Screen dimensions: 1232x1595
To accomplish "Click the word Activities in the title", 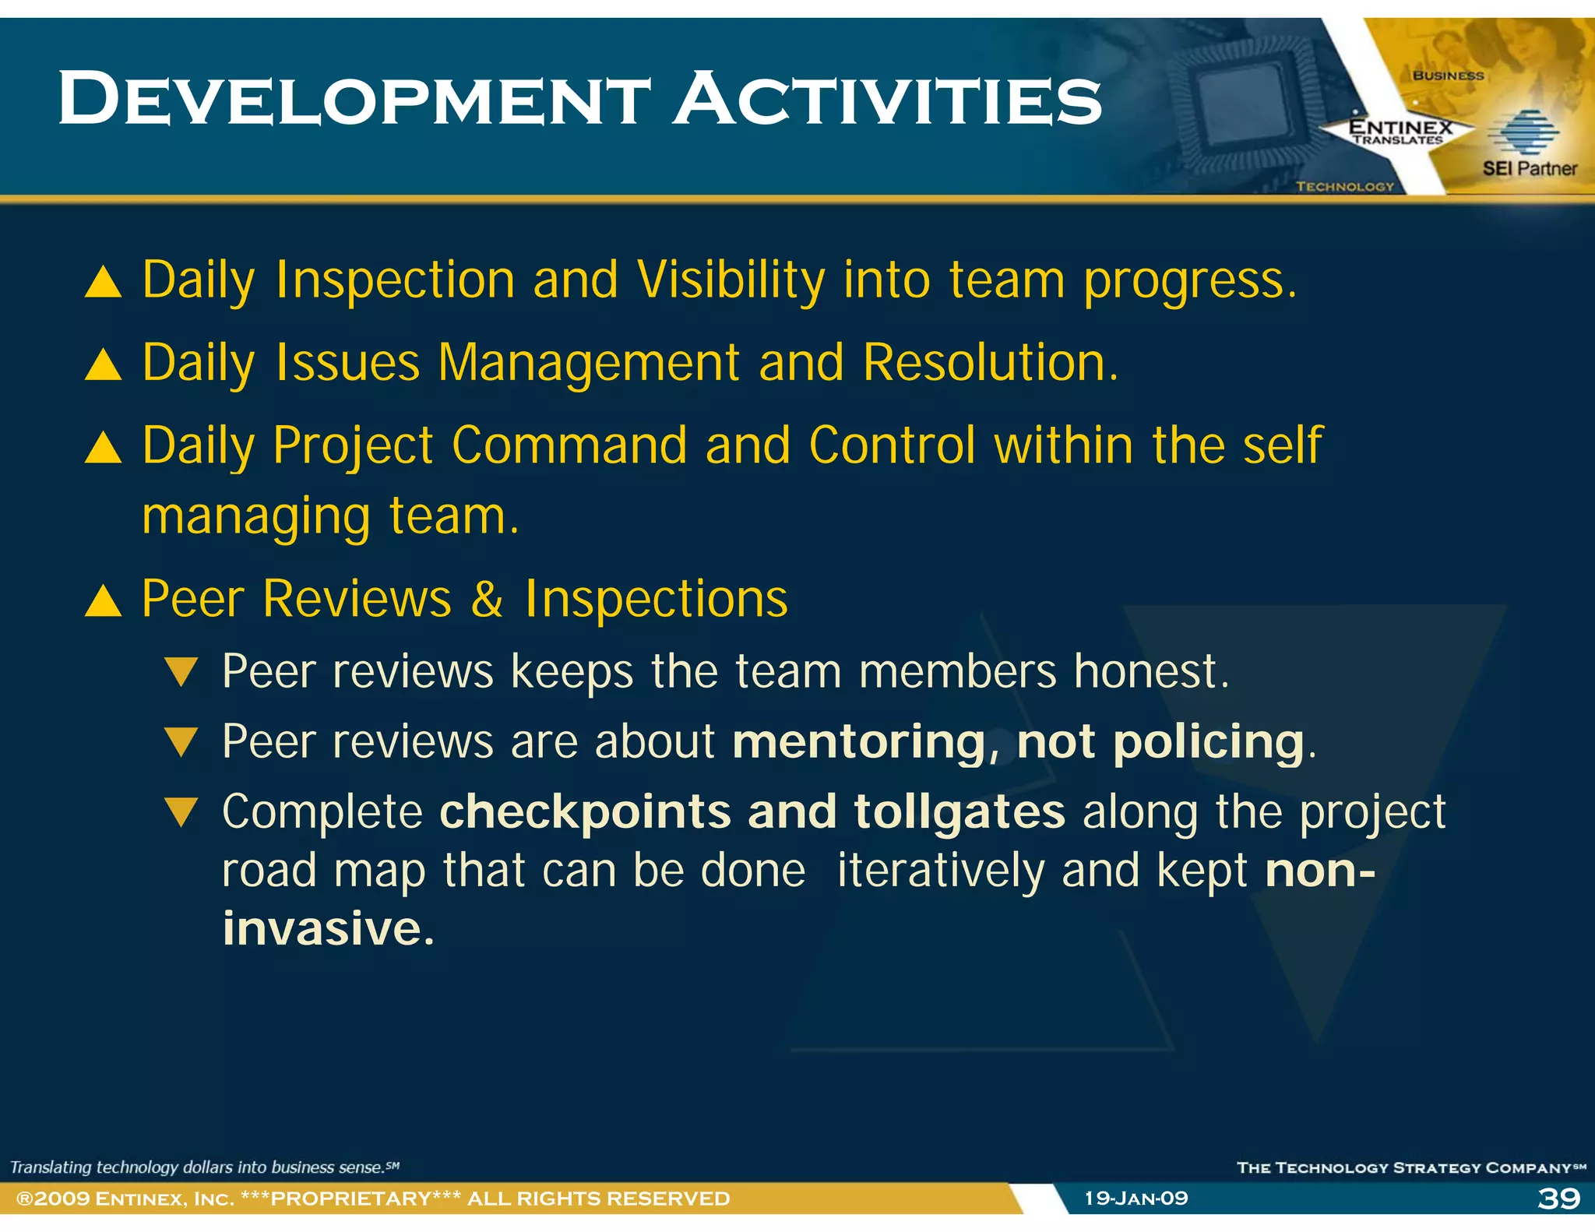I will (888, 100).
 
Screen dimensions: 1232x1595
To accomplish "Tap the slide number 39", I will (1558, 1198).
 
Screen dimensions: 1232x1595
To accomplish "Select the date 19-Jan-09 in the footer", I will (1136, 1198).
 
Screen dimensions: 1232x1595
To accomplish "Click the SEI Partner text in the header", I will (1530, 168).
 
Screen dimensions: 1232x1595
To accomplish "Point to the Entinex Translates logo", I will (1400, 131).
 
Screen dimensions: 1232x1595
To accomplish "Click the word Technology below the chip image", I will (1345, 186).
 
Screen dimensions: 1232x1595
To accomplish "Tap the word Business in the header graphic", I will (1449, 76).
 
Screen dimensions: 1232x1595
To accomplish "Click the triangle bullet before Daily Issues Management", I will (103, 364).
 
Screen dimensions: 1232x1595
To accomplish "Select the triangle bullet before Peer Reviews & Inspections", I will (103, 601).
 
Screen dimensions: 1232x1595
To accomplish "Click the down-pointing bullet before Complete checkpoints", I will (182, 812).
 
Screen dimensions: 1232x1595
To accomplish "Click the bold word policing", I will (1209, 741).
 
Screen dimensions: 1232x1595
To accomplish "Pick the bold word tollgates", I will (959, 811).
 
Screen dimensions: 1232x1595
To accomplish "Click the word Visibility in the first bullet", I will (731, 280).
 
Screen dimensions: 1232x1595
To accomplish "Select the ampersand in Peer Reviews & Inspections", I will (488, 600).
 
